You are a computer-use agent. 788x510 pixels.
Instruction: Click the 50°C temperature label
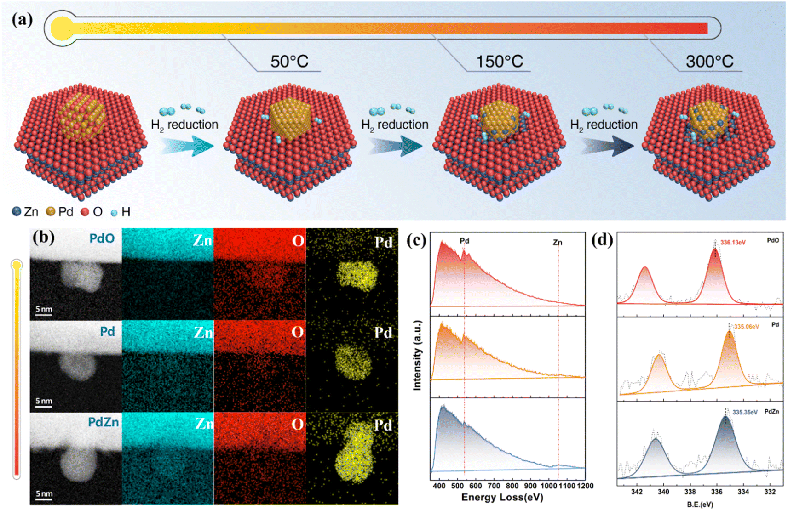pos(289,61)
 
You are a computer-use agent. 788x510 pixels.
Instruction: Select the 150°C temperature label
pos(499,61)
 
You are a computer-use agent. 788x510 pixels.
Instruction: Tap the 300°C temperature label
pos(709,61)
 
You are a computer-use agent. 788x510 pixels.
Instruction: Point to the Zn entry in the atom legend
pos(25,212)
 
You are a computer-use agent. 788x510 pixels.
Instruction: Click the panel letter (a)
pos(22,20)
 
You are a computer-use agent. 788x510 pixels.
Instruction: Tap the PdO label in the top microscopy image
pos(102,238)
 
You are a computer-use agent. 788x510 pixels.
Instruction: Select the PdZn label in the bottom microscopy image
pos(103,422)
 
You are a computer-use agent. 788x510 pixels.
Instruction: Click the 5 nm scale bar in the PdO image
pos(44,310)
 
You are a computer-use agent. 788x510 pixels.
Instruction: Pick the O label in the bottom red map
pos(297,424)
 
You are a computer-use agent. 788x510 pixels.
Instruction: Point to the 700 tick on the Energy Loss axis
pos(494,486)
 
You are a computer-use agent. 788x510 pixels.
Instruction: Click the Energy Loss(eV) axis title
pos(502,497)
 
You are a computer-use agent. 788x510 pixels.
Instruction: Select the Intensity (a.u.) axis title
pos(417,355)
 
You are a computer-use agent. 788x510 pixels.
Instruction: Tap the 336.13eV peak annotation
pos(733,242)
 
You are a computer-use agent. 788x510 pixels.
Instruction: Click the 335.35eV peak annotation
pos(745,412)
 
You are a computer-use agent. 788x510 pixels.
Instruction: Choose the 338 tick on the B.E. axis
pos(690,492)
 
